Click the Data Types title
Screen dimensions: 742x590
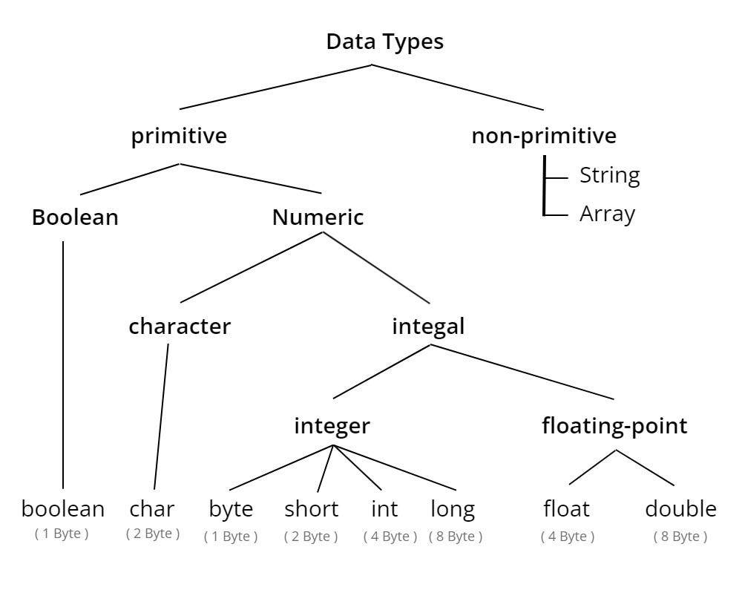tap(384, 42)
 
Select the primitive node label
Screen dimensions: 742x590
tap(179, 137)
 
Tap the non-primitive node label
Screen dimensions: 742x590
tap(544, 137)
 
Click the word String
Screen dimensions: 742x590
tap(609, 176)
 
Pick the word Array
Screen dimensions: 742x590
tap(607, 214)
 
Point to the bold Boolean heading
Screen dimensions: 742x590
tap(75, 217)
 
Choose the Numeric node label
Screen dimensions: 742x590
tap(318, 217)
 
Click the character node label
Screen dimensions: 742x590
tap(180, 327)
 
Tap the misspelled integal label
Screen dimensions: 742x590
tap(428, 327)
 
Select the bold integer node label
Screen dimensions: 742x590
tap(332, 427)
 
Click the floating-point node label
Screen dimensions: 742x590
tap(614, 426)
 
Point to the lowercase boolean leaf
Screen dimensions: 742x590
tap(63, 509)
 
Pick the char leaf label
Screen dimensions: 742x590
tap(152, 509)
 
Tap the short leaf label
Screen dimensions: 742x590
tap(312, 509)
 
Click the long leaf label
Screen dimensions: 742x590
tap(453, 510)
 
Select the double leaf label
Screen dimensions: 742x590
tap(680, 509)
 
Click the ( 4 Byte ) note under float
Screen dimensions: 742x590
tap(568, 537)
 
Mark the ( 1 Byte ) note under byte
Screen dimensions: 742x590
tap(231, 537)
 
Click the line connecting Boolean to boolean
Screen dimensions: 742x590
tap(63, 365)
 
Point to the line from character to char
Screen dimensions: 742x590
tap(161, 416)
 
